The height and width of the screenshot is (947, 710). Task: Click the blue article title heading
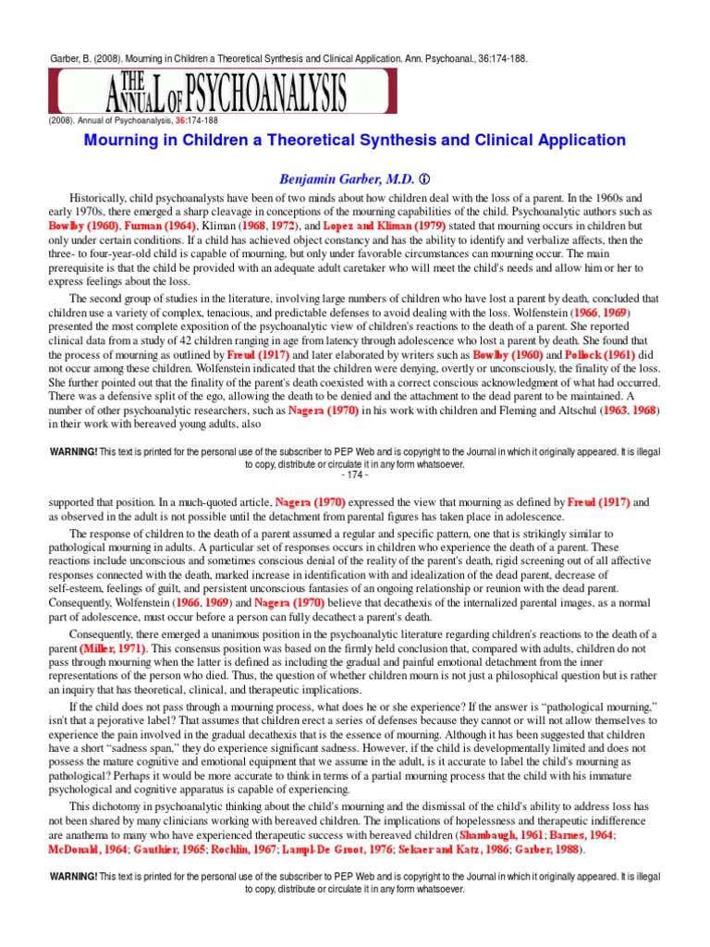pos(355,141)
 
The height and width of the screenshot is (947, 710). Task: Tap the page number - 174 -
pos(355,474)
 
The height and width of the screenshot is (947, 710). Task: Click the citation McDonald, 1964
pos(89,848)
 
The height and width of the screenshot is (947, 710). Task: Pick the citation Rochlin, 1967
pos(252,848)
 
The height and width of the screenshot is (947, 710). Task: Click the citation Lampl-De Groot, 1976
pos(348,848)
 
